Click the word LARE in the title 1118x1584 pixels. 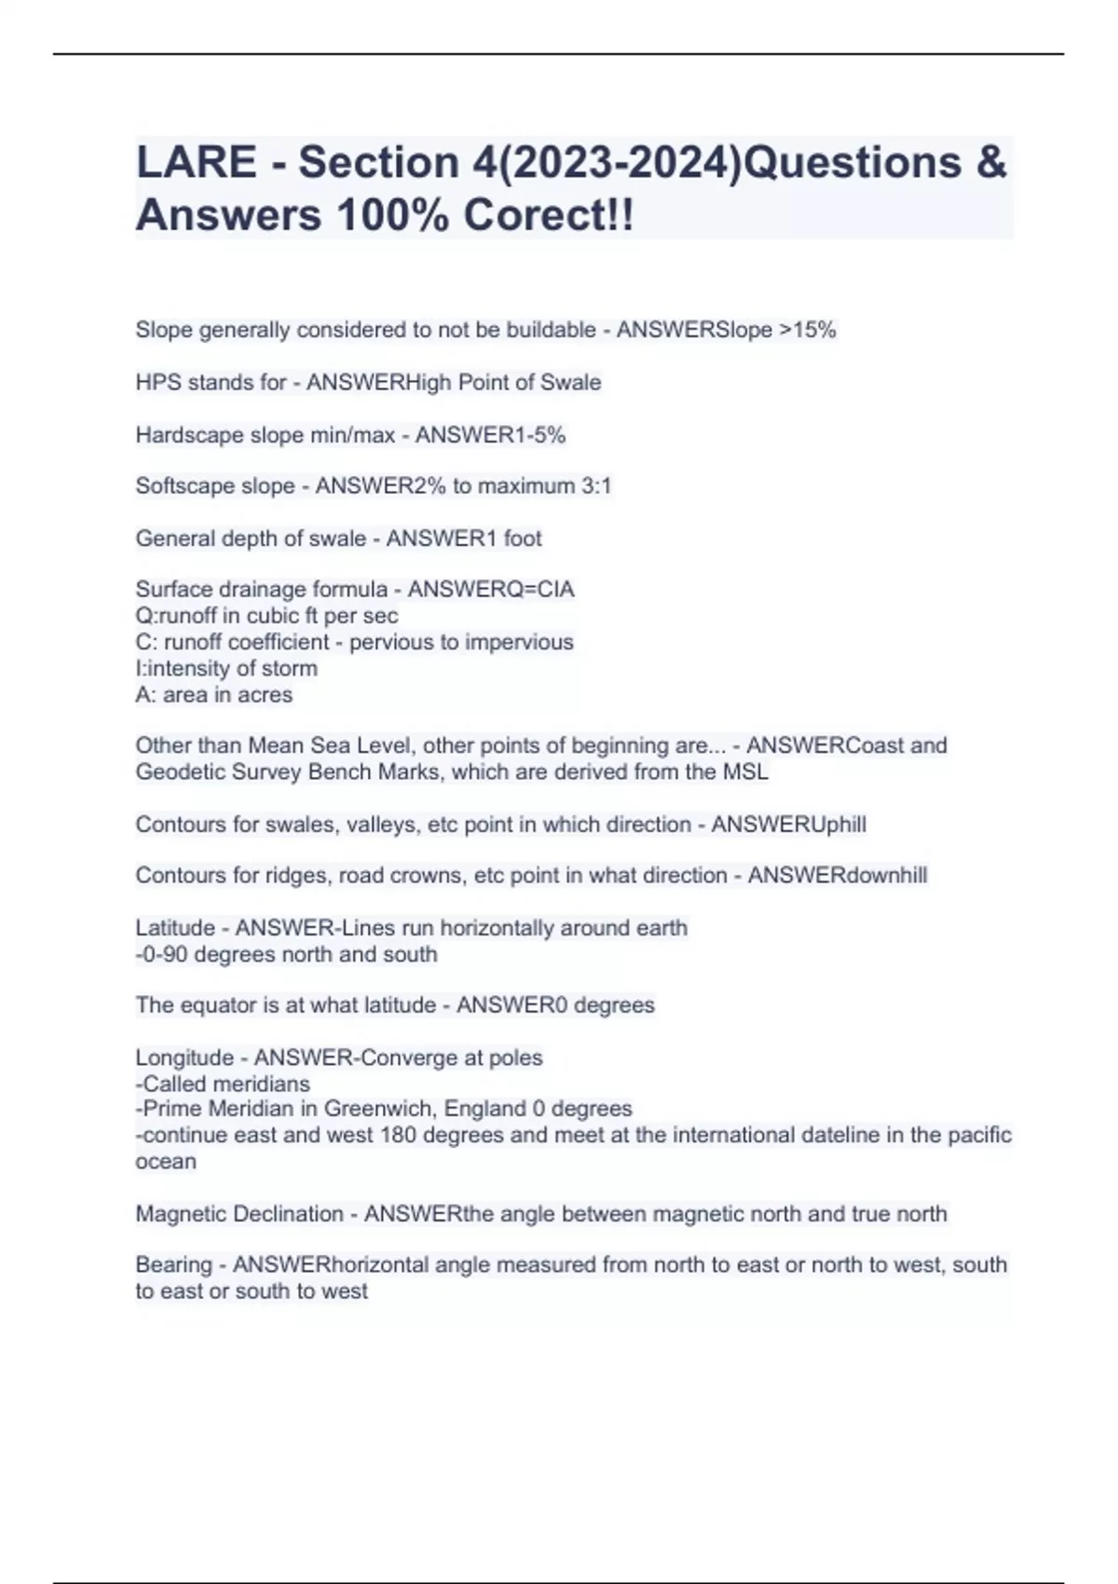196,162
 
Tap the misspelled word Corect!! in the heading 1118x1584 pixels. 549,215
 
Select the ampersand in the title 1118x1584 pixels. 991,162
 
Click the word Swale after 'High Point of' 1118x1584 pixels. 571,382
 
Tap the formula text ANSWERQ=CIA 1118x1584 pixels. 491,589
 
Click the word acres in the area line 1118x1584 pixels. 267,694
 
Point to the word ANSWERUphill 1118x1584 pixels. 788,825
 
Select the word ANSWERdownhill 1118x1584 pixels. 837,876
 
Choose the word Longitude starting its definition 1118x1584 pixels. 184,1058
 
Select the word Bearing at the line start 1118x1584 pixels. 173,1264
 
